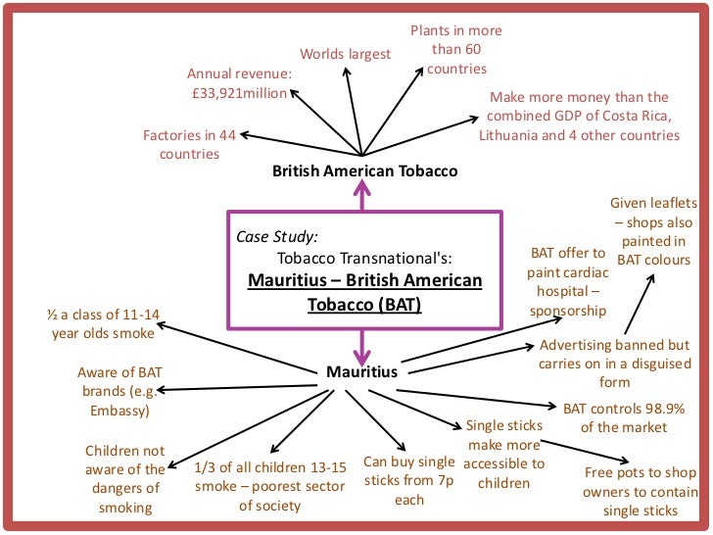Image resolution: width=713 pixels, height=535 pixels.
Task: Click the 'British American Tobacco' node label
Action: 364,170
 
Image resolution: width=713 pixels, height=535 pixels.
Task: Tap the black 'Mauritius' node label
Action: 362,372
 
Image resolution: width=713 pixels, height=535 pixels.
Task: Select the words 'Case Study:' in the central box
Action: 277,236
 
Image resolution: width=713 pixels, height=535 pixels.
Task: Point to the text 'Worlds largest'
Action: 345,54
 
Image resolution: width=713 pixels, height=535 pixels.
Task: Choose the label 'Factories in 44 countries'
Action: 190,144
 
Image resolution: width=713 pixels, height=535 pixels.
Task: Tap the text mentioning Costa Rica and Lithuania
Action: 578,116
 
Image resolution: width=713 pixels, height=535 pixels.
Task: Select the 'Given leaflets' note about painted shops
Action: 653,231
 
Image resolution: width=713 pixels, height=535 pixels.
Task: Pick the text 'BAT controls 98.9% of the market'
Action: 624,416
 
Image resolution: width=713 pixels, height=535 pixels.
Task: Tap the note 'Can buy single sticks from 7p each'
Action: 409,480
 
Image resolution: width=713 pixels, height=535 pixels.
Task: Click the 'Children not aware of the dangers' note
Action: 125,479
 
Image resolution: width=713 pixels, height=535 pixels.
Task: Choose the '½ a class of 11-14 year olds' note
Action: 103,324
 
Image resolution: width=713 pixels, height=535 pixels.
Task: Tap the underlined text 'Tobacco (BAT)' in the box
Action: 364,304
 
